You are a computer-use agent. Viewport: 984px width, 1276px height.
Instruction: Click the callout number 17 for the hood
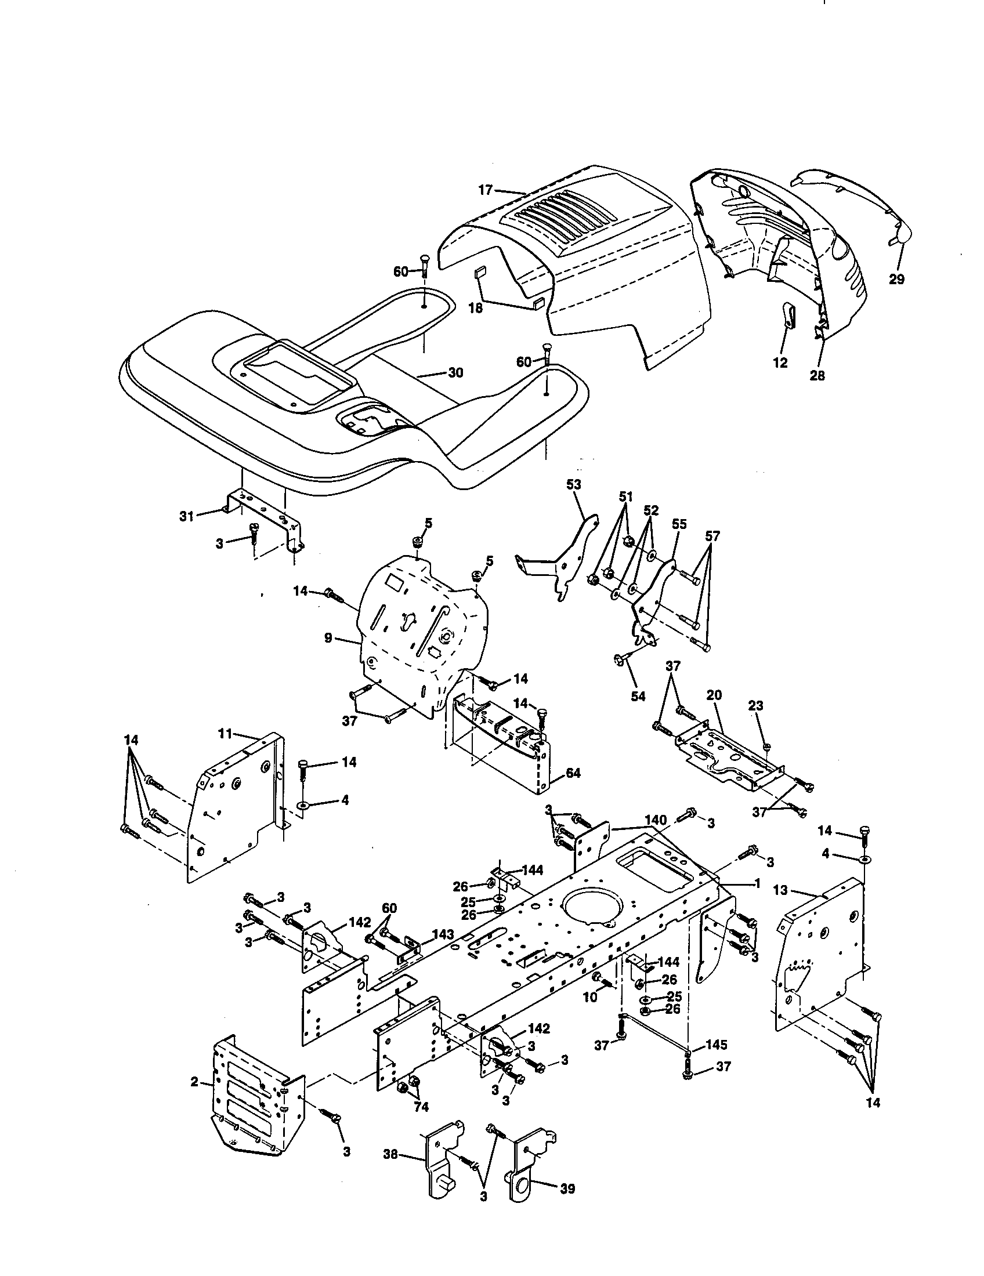click(486, 189)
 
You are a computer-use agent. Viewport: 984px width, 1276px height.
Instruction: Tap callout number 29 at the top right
click(896, 280)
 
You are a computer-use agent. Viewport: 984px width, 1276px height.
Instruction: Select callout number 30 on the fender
click(455, 372)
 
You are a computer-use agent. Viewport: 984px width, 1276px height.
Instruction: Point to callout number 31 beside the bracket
click(186, 516)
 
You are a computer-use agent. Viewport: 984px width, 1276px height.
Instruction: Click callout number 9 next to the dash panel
click(328, 638)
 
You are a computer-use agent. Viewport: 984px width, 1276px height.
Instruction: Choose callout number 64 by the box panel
click(573, 773)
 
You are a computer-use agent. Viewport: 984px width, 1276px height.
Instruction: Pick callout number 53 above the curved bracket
click(574, 484)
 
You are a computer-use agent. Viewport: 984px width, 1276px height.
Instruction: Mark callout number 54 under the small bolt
click(638, 696)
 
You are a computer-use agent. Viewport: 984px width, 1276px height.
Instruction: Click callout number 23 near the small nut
click(755, 705)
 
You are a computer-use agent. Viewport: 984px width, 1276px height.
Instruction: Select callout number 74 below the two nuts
click(421, 1107)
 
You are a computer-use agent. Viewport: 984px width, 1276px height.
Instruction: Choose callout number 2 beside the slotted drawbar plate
click(194, 1082)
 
